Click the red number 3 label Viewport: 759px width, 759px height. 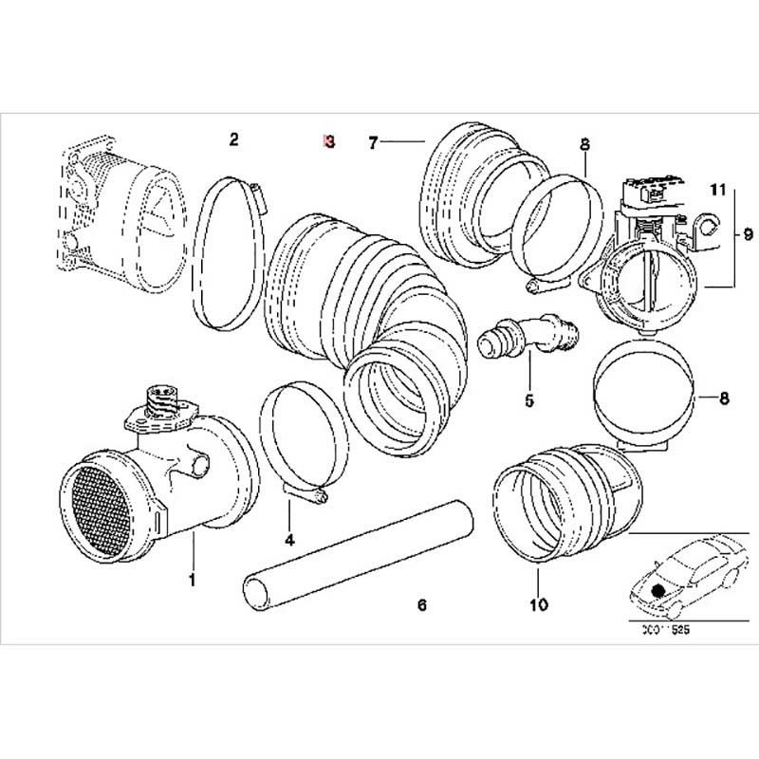pyautogui.click(x=328, y=141)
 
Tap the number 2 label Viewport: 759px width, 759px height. pyautogui.click(x=233, y=140)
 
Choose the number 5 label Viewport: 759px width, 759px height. pyautogui.click(x=529, y=400)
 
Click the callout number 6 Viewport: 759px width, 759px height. pyautogui.click(x=423, y=603)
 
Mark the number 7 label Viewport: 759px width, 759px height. pyautogui.click(x=374, y=142)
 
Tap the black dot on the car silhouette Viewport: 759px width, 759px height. pyautogui.click(x=659, y=590)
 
